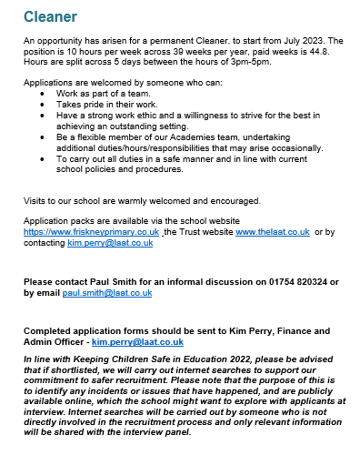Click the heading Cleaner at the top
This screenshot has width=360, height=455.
[50, 17]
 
